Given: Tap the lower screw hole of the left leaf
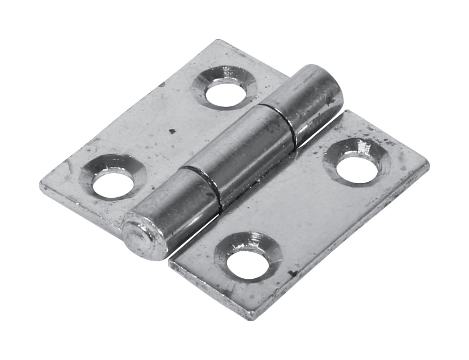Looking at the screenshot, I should [113, 185].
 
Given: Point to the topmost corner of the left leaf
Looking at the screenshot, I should [219, 40].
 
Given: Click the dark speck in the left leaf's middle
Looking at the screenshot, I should [172, 131].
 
